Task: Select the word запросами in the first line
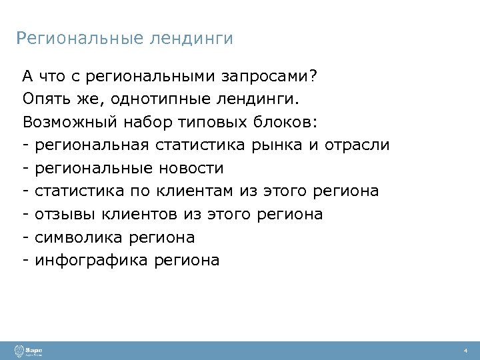pos(270,77)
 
